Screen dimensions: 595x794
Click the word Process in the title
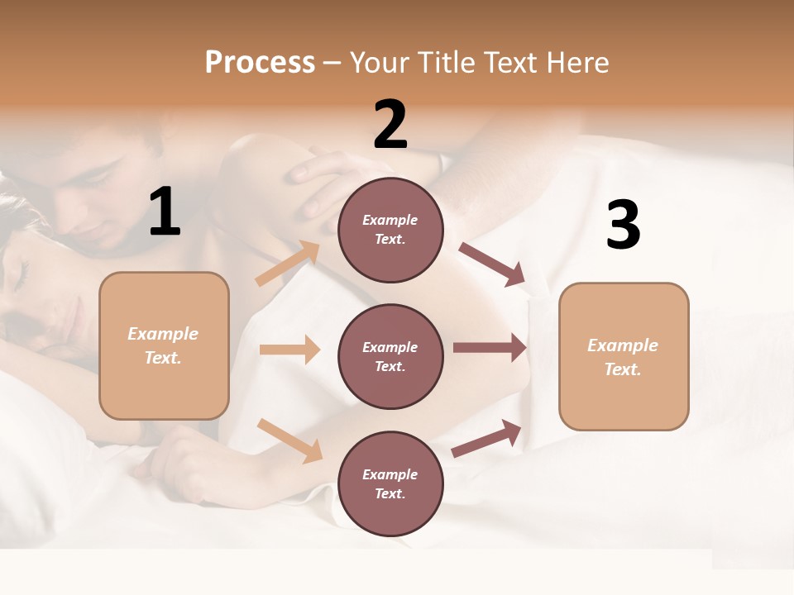pyautogui.click(x=260, y=63)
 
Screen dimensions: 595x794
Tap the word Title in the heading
pyautogui.click(x=445, y=63)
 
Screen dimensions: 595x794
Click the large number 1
pyautogui.click(x=165, y=212)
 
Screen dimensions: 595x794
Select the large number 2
pyautogui.click(x=390, y=125)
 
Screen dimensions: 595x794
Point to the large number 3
pyautogui.click(x=623, y=225)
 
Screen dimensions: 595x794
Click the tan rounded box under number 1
pyautogui.click(x=164, y=345)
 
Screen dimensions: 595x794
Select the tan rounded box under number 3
pyautogui.click(x=624, y=356)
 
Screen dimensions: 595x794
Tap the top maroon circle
pyautogui.click(x=390, y=230)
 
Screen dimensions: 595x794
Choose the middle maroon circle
pyautogui.click(x=390, y=356)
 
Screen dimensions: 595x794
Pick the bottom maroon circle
pyautogui.click(x=390, y=483)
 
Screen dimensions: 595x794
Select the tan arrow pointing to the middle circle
pyautogui.click(x=289, y=350)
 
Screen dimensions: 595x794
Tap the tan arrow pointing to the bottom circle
pyautogui.click(x=290, y=440)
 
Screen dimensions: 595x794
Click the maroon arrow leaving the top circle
pyautogui.click(x=491, y=264)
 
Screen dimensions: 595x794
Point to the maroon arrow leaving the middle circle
pyautogui.click(x=490, y=348)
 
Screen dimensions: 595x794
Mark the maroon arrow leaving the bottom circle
pyautogui.click(x=486, y=438)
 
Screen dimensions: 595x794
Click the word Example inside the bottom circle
pyautogui.click(x=390, y=474)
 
